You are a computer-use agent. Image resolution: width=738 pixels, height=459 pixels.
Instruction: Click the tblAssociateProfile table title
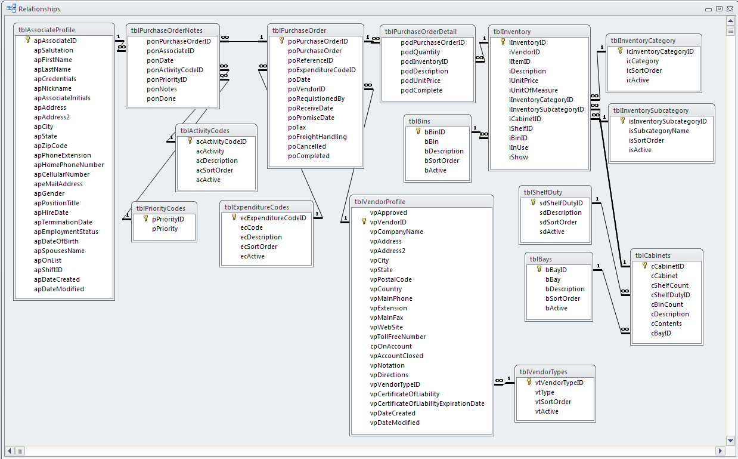(x=46, y=30)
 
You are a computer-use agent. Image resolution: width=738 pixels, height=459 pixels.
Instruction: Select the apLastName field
(x=52, y=69)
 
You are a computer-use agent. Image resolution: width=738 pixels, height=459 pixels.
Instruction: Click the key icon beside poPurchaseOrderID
(x=282, y=41)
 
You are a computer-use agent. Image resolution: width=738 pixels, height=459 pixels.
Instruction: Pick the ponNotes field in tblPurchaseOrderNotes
(x=162, y=89)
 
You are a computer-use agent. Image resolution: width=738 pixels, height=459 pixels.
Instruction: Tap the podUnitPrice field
(x=420, y=81)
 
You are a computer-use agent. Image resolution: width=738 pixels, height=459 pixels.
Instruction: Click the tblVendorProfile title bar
(x=380, y=202)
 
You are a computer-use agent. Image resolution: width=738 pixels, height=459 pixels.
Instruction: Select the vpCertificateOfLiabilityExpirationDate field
(x=427, y=403)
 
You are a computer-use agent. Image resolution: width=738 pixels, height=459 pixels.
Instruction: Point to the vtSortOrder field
(x=553, y=402)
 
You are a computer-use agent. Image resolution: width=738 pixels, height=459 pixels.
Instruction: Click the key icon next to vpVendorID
(x=364, y=222)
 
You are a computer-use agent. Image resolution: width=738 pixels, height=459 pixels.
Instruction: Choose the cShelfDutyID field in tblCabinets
(x=670, y=295)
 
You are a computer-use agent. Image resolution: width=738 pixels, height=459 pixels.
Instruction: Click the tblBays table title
(x=541, y=259)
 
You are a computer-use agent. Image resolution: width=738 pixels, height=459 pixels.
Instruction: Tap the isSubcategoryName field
(x=658, y=131)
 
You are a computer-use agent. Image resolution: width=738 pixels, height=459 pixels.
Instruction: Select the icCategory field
(x=642, y=61)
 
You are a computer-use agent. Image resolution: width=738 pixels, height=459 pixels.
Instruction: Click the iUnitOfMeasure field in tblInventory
(x=533, y=90)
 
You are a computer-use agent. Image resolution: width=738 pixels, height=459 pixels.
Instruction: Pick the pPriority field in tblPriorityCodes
(x=165, y=229)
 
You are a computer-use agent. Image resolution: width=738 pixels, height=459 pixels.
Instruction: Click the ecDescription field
(x=261, y=237)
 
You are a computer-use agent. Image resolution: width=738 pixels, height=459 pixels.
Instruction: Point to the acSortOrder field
(x=215, y=170)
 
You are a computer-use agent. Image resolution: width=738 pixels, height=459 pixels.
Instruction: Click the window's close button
(x=730, y=9)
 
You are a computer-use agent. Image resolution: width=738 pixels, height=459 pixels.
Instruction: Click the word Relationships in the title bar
(x=39, y=9)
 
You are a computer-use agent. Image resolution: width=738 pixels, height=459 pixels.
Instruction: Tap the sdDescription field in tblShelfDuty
(x=560, y=212)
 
